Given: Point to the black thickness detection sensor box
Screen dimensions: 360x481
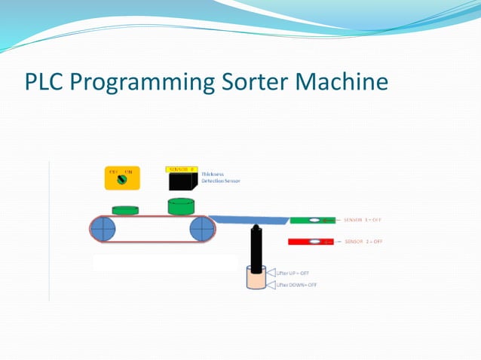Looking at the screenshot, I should [x=183, y=182].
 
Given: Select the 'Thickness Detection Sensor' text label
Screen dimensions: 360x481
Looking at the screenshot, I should [x=216, y=178].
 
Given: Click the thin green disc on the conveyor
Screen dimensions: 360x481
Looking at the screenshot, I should [x=127, y=209].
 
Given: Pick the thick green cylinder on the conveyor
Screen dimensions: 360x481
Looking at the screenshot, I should [x=181, y=206].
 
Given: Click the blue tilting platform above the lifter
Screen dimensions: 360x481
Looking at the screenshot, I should [x=250, y=221].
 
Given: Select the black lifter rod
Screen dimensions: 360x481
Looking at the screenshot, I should [x=256, y=249].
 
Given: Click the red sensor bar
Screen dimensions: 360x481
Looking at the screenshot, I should [x=312, y=242].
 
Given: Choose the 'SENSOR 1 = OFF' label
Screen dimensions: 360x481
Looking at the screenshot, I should [x=363, y=220].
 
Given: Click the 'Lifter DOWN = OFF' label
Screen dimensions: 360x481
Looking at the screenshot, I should [x=296, y=285].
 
